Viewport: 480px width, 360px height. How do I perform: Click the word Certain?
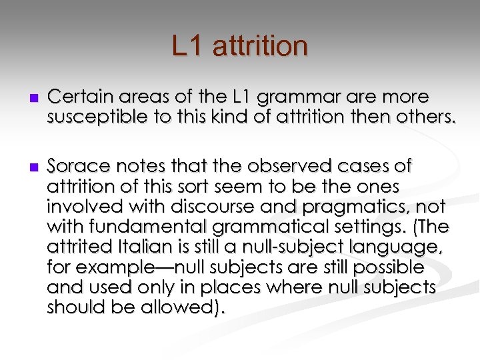click(77, 97)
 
